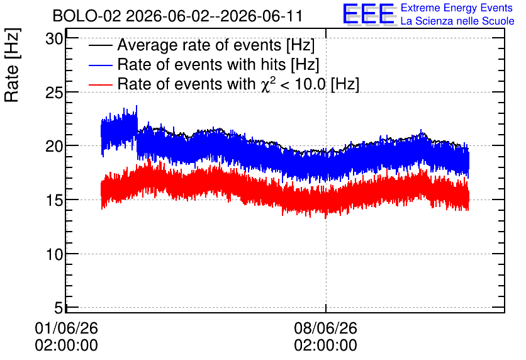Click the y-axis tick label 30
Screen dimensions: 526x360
click(x=54, y=39)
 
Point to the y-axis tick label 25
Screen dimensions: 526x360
click(x=54, y=93)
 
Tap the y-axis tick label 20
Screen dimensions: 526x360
click(x=54, y=147)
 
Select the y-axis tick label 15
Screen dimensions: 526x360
click(x=54, y=200)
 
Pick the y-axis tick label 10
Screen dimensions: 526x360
click(x=54, y=254)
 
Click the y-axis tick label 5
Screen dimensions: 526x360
click(x=59, y=308)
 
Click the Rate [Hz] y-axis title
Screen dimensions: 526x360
click(x=12, y=65)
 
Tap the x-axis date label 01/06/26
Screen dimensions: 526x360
click(x=67, y=328)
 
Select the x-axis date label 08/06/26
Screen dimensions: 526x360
click(x=326, y=328)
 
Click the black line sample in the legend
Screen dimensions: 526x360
click(x=100, y=45)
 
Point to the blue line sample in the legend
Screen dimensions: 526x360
click(x=100, y=65)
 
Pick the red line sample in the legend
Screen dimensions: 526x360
click(x=100, y=84)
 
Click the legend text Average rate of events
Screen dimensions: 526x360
click(x=199, y=45)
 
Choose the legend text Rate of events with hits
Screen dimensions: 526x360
click(x=201, y=65)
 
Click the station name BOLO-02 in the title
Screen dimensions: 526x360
click(x=87, y=16)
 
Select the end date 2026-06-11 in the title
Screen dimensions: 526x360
click(x=262, y=16)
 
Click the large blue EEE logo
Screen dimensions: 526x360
click(x=369, y=14)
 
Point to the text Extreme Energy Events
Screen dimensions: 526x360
click(x=457, y=8)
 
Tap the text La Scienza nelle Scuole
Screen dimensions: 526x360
click(x=457, y=21)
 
